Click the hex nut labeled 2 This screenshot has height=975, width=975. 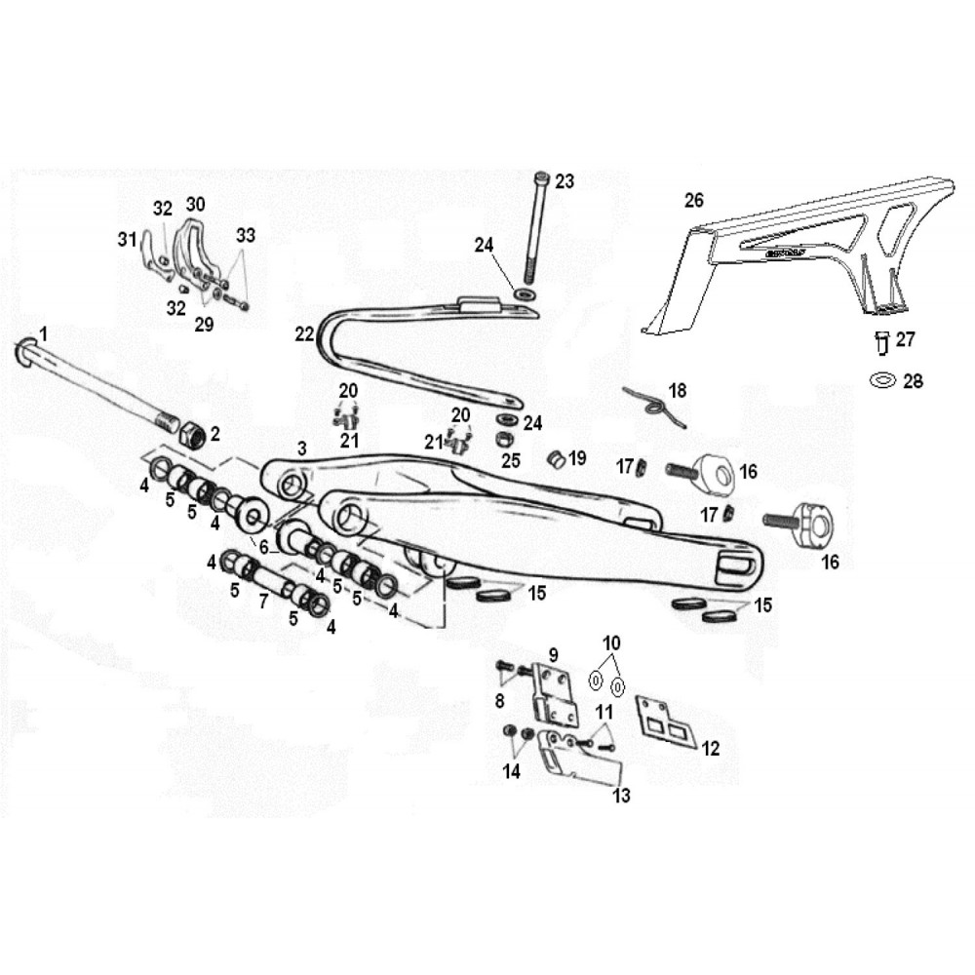pos(193,433)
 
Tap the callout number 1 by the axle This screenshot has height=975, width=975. pos(43,334)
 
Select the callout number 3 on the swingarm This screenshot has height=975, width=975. pos(302,448)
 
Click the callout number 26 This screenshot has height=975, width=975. pos(694,200)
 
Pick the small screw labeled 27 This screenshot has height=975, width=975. pos(882,342)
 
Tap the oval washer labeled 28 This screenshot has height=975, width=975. pos(883,379)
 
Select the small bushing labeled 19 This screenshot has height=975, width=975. pos(556,460)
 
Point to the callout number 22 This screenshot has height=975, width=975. pos(304,334)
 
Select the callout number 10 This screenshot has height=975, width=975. pos(612,643)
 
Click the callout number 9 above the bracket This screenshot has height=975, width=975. pos(554,654)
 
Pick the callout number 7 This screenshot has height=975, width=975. pos(263,601)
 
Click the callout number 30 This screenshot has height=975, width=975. pos(195,204)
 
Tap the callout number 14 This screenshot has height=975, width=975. pos(512,771)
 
